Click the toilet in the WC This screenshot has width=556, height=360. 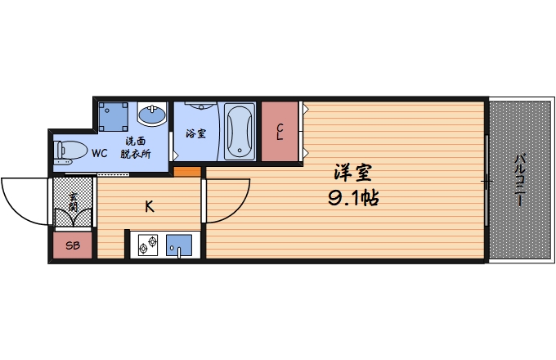tap(69, 152)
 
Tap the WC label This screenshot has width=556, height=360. tap(99, 153)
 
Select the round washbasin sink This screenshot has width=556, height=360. tap(150, 114)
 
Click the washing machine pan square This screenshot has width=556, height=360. tap(113, 116)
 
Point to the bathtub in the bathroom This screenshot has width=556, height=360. tap(240, 130)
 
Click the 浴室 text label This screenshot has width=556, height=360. tap(195, 133)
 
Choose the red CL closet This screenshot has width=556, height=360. tap(280, 131)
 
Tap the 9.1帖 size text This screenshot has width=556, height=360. tap(353, 198)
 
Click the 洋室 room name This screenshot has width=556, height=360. tap(353, 173)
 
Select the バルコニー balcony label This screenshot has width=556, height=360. tap(520, 180)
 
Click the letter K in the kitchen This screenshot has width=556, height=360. tap(150, 206)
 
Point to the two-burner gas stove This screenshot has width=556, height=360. tap(148, 245)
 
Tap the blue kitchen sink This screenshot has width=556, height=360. tap(179, 245)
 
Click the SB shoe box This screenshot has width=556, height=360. tap(72, 245)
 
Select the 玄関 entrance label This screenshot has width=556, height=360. tap(74, 201)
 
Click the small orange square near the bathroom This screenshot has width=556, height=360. tap(187, 172)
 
